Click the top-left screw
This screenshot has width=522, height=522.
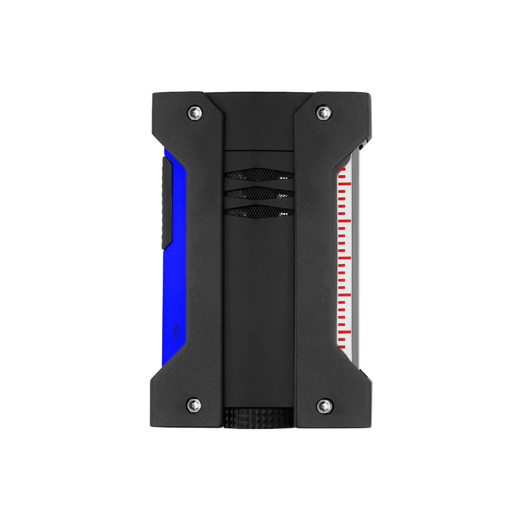coord(194,112)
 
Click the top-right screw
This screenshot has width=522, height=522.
coord(322,112)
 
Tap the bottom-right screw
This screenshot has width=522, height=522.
coord(322,405)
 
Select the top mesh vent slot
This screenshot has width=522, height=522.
coord(259,175)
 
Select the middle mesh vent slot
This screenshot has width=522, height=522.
coord(259,194)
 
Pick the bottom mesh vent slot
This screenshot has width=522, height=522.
coord(259,212)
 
